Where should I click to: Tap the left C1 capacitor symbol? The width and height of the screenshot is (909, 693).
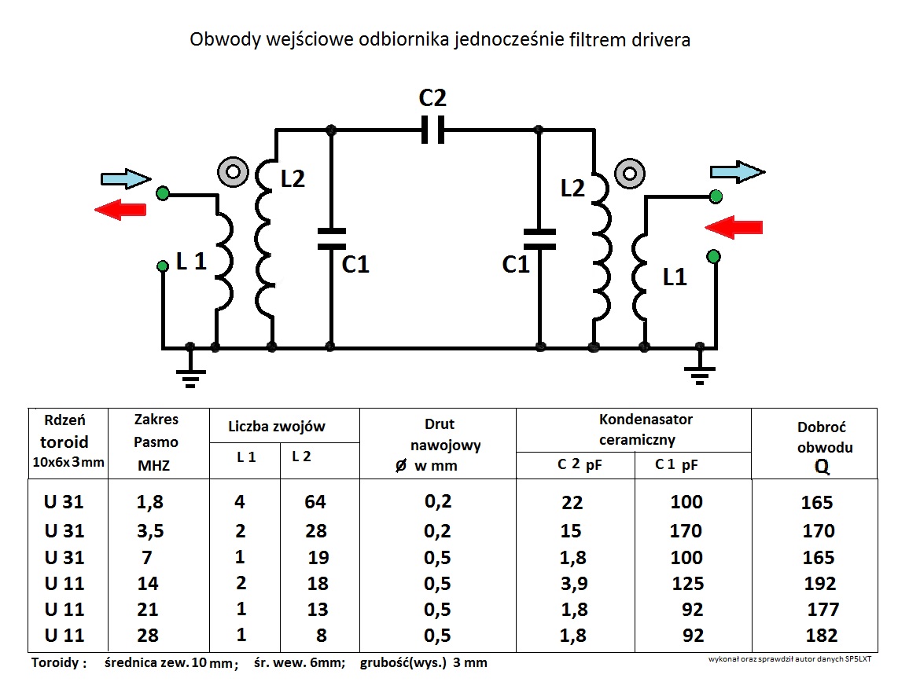click(331, 237)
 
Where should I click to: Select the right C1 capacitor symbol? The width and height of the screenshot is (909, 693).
click(539, 238)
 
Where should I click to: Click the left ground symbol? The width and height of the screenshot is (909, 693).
click(190, 374)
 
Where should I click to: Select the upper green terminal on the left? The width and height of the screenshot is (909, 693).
click(163, 192)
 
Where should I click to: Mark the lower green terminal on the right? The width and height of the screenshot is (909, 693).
click(714, 256)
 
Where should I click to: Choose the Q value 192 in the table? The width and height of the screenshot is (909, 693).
click(818, 584)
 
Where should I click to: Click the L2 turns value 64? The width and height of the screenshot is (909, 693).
click(315, 502)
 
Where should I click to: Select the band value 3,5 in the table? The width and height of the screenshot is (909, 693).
click(149, 531)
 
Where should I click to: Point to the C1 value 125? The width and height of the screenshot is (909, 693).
click(686, 584)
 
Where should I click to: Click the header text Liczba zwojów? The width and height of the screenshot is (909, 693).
click(277, 427)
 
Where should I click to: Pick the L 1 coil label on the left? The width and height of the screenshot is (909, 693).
click(190, 263)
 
